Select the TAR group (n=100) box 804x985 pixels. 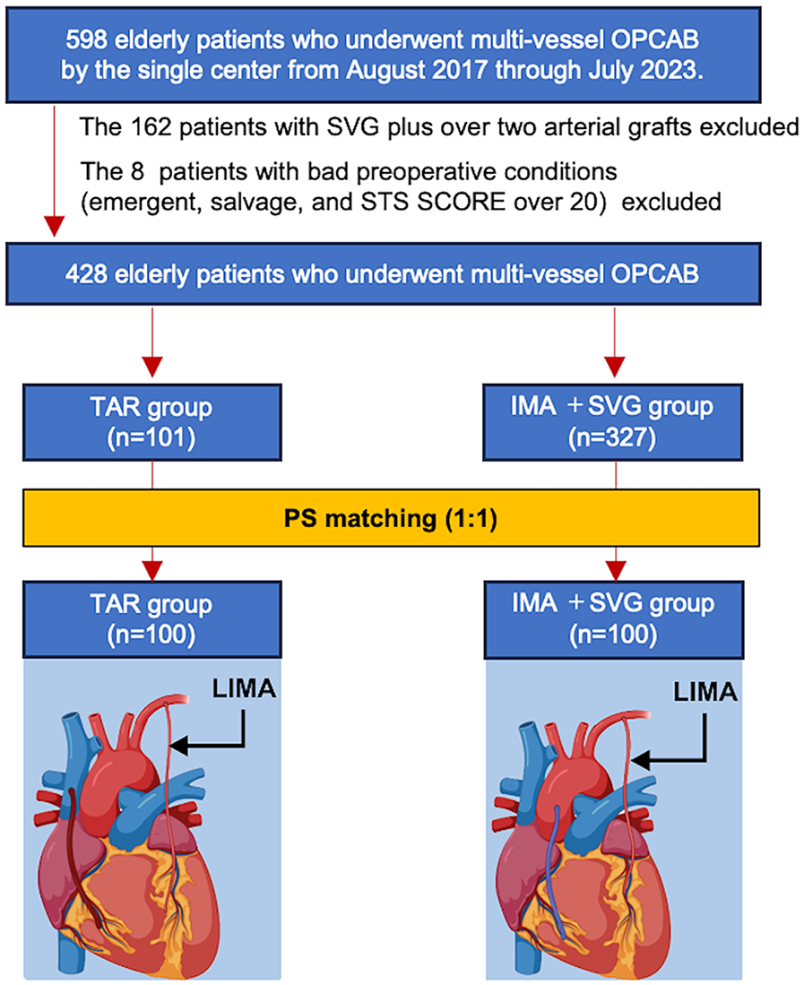pyautogui.click(x=153, y=618)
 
